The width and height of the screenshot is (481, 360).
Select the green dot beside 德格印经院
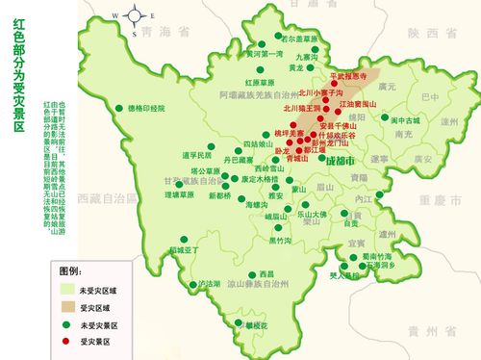click(118, 108)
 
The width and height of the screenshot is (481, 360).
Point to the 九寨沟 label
click(304, 57)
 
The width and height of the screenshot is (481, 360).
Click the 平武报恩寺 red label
click(349, 75)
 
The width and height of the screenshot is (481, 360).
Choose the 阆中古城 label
click(406, 120)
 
